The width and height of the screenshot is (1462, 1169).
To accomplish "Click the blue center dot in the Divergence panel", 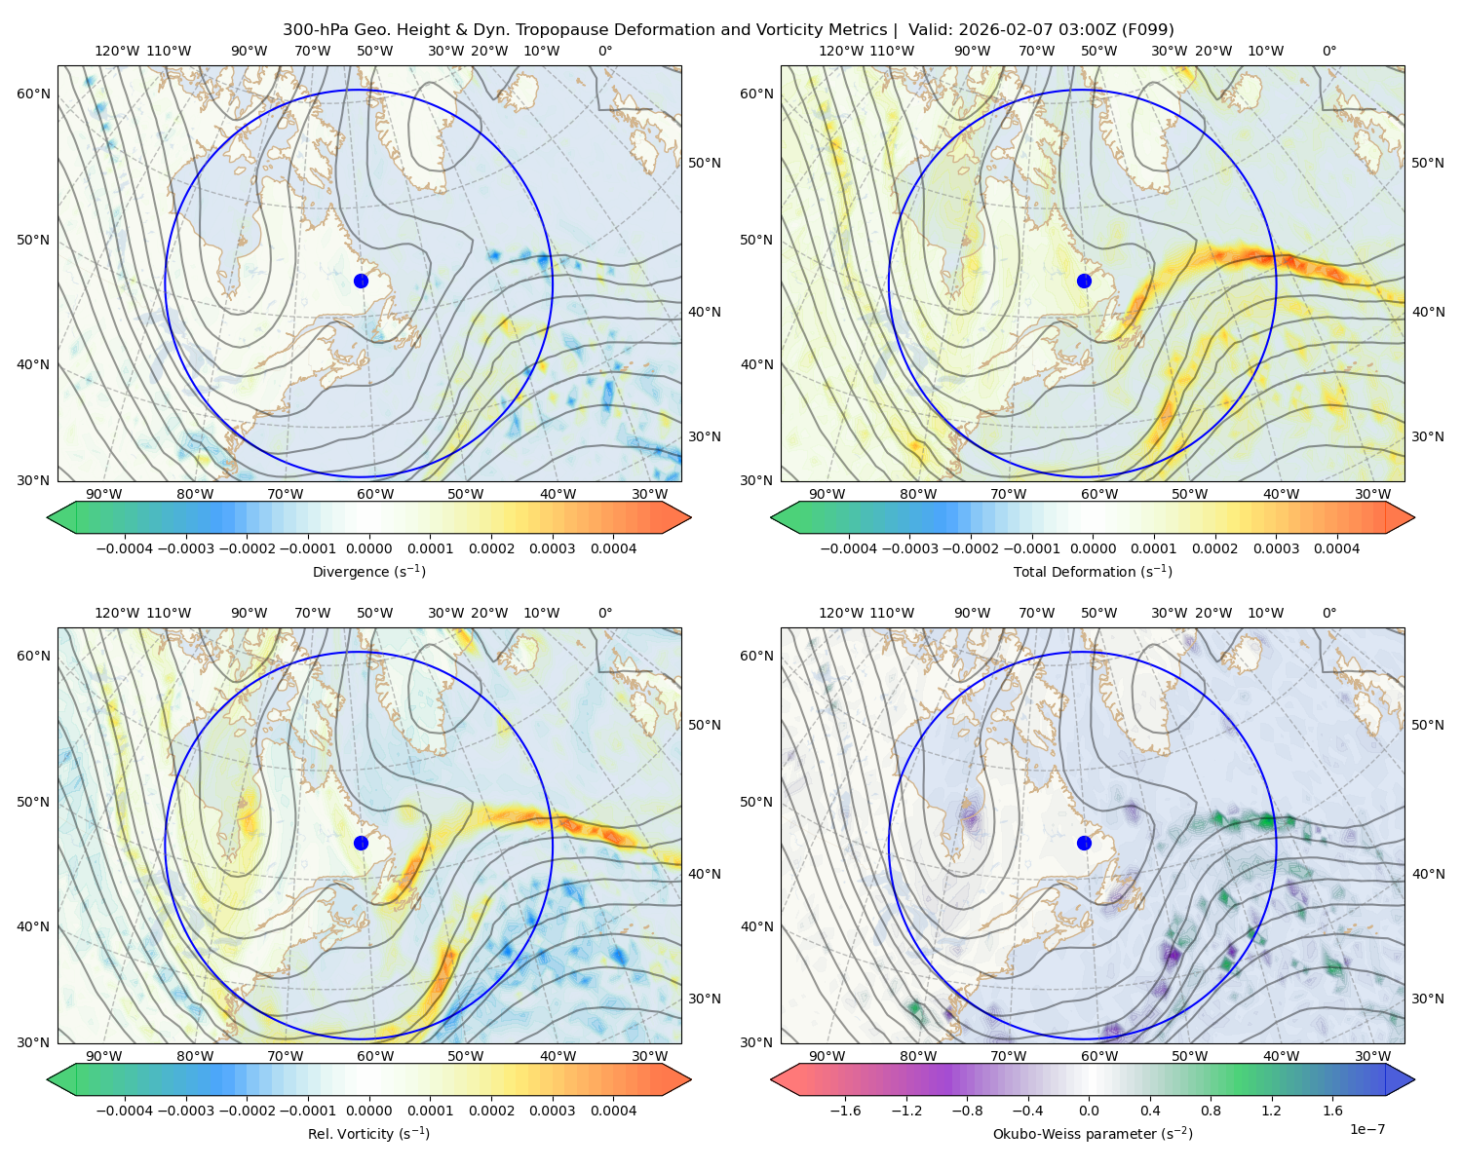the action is click(361, 281).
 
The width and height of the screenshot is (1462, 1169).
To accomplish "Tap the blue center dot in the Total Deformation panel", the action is click(1084, 281).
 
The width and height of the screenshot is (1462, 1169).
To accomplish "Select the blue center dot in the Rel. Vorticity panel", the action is click(361, 843).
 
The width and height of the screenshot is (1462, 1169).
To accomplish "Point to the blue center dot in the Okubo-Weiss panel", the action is click(1084, 843).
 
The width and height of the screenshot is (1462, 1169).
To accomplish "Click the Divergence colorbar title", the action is click(368, 572).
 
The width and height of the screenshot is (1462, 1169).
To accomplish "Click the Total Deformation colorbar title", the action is click(1093, 572).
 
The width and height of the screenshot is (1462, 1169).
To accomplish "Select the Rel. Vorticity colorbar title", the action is click(368, 1134).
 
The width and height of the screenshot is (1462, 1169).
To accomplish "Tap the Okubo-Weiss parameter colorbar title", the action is click(1093, 1134).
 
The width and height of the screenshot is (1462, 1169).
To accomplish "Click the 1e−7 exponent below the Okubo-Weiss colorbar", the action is click(1366, 1129).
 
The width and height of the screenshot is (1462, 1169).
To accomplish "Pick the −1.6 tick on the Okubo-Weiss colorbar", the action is click(845, 1111).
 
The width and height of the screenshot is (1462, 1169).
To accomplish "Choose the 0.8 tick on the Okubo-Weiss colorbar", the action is click(1211, 1111).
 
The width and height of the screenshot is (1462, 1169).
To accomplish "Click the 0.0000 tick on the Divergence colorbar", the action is click(368, 548).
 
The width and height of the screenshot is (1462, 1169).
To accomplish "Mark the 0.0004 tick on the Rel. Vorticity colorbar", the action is click(613, 1111).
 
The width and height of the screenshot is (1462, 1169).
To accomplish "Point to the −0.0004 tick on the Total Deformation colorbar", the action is click(849, 548).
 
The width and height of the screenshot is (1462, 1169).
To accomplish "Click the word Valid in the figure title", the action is click(929, 30).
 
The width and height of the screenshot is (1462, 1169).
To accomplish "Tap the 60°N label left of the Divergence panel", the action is click(33, 94).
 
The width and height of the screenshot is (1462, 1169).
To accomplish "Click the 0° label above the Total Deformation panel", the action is click(1329, 51).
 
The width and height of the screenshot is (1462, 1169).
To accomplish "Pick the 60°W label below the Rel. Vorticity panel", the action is click(375, 1056).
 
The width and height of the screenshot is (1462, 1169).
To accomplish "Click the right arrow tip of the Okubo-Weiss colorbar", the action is click(1414, 1079).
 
